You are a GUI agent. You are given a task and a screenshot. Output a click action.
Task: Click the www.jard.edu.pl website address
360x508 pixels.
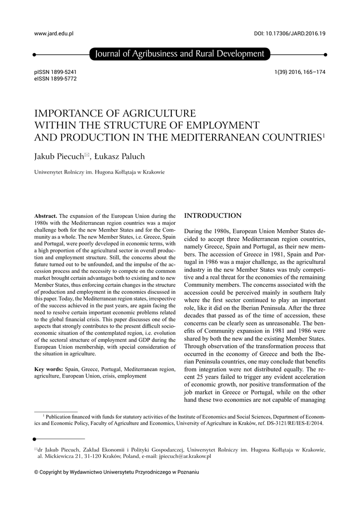click(53, 34)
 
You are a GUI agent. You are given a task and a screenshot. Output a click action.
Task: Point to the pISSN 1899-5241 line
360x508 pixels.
click(55, 72)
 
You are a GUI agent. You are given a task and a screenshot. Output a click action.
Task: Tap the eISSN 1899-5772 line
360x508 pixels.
click(55, 79)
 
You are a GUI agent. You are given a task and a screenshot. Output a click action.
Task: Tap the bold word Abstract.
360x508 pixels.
click(46, 216)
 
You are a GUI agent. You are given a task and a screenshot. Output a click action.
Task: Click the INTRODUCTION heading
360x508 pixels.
click(213, 216)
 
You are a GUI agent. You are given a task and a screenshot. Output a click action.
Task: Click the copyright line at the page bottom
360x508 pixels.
click(116, 472)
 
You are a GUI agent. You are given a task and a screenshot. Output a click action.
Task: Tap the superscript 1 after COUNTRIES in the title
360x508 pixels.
click(323, 134)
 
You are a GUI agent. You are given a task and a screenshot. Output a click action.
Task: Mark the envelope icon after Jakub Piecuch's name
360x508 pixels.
click(87, 156)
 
